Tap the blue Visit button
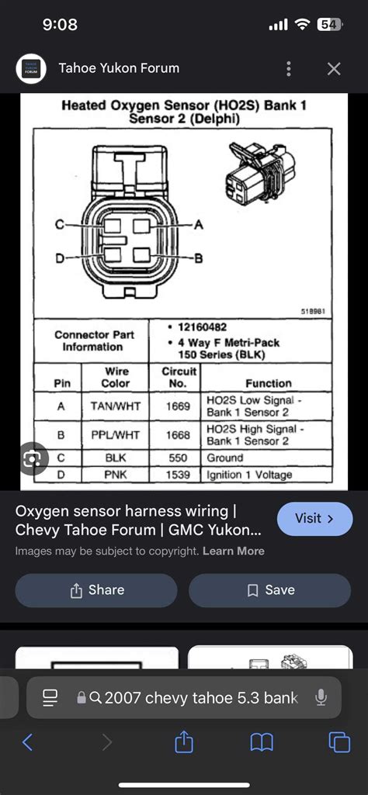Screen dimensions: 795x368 pos(314,518)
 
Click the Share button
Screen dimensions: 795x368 pos(96,590)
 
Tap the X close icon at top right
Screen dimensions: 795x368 pos(334,69)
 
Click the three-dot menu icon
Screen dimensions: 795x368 pos(289,69)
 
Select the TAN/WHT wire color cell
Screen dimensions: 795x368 pos(116,406)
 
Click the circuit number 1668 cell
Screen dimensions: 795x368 pos(179,434)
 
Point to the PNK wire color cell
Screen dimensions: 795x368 pos(116,473)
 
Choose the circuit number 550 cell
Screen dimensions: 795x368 pos(179,458)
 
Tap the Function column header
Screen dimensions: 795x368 pos(268,383)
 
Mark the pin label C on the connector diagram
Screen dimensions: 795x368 pos(59,225)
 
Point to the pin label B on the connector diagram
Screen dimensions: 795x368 pos(198,258)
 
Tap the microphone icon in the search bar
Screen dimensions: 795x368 pos(321,698)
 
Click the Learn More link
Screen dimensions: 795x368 pos(233,551)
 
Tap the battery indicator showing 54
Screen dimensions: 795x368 pos(329,25)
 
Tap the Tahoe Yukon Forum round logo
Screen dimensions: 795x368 pos(31,69)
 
